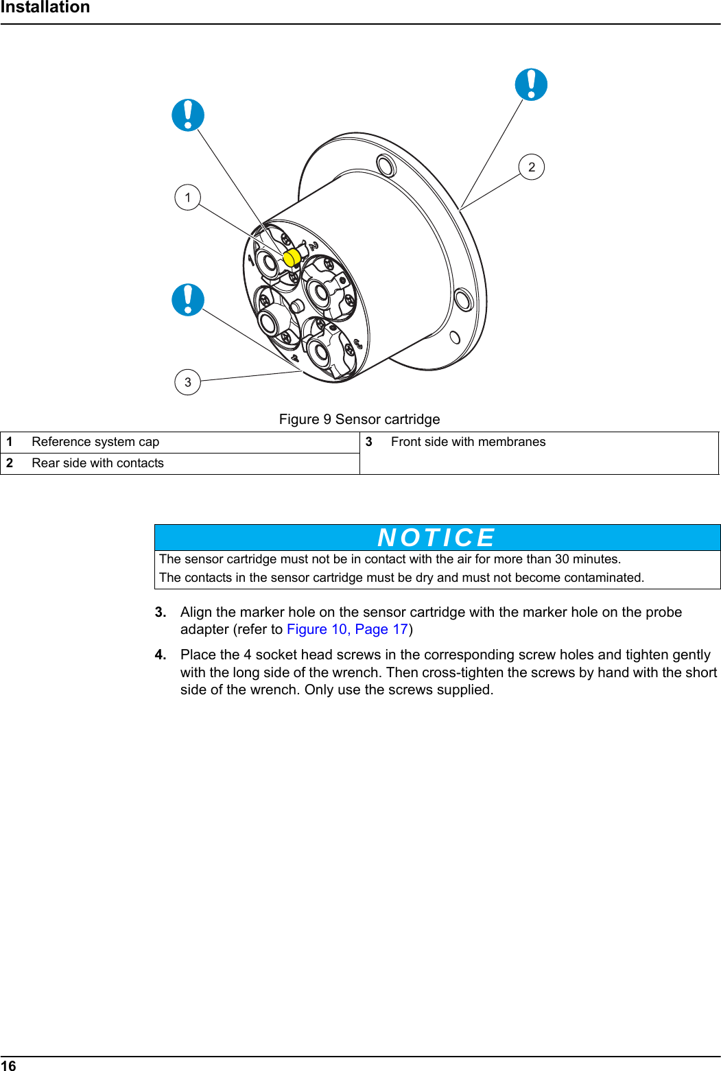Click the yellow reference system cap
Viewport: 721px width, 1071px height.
point(291,257)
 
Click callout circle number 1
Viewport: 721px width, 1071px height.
point(187,198)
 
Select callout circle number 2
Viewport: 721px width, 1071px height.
point(532,167)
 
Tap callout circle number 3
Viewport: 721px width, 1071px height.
point(187,382)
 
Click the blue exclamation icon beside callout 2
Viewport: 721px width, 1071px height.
point(531,84)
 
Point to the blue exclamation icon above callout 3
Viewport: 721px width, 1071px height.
point(187,300)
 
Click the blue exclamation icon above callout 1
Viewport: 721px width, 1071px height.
point(187,115)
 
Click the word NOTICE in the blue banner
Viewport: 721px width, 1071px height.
point(436,537)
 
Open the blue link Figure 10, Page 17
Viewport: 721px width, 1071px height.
point(347,629)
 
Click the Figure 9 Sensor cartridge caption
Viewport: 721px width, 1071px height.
point(359,419)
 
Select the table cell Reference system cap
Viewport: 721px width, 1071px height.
point(95,442)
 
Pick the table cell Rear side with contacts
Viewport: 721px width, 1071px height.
point(97,463)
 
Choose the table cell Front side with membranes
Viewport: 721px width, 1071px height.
point(468,442)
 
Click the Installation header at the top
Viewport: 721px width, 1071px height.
point(45,8)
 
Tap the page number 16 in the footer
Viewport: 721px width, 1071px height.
point(8,1065)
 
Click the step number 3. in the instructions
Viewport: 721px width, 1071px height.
point(161,612)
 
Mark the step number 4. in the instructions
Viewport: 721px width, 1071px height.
point(161,655)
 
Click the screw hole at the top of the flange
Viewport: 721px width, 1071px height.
point(386,165)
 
